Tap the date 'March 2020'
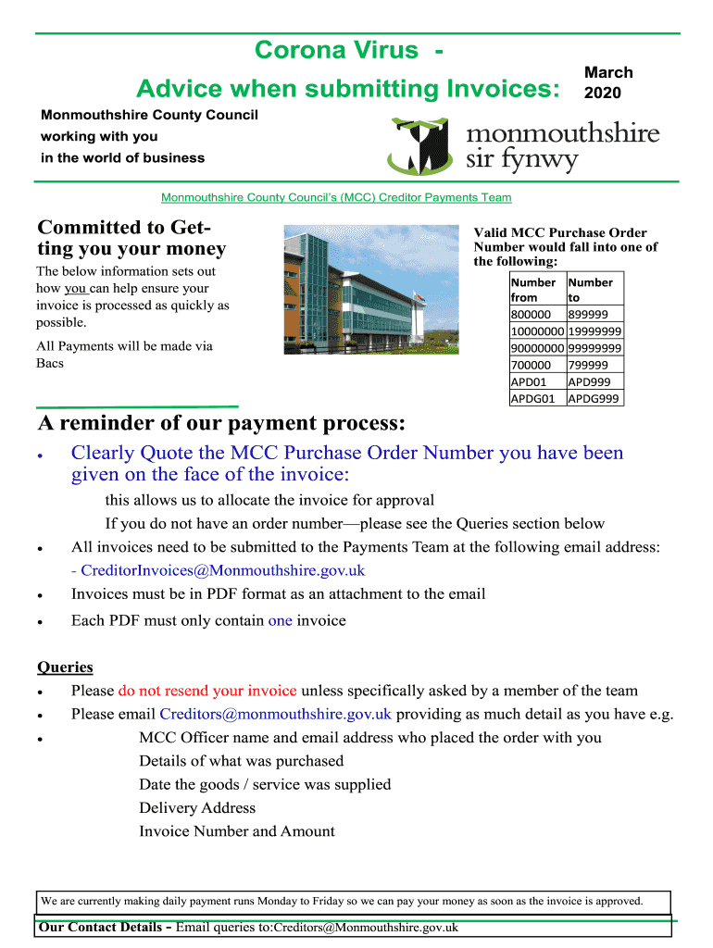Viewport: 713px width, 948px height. coord(608,82)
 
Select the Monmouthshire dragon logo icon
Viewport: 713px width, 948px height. coord(421,146)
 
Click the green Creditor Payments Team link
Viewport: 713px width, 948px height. coord(336,197)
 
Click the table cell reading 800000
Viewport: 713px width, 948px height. coord(531,315)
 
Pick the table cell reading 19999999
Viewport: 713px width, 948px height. coord(594,331)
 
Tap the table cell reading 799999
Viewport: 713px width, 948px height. coord(588,365)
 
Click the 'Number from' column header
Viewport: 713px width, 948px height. coord(533,290)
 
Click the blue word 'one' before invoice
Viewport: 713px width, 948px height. coord(280,620)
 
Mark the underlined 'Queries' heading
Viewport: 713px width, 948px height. coord(65,667)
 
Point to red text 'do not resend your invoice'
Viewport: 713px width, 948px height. coord(207,691)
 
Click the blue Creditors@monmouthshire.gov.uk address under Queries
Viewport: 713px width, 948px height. coord(276,714)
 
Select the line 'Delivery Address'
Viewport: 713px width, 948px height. coord(197,807)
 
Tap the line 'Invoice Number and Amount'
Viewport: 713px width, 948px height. coord(237,831)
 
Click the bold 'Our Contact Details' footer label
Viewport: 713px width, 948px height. coord(102,927)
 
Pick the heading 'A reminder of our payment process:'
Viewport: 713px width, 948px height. coord(221,424)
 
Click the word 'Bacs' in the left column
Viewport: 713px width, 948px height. coord(50,363)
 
